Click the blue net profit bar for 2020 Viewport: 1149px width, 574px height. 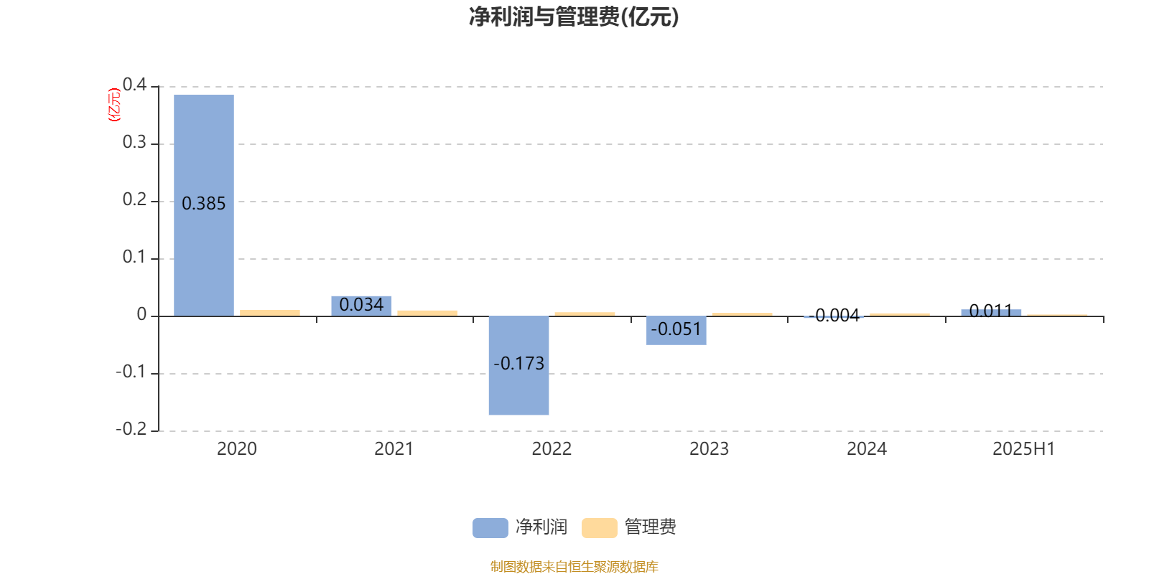coord(204,205)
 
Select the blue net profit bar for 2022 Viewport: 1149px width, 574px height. coord(518,365)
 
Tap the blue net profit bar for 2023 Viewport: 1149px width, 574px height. coord(676,331)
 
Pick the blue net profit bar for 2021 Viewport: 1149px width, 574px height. coord(361,306)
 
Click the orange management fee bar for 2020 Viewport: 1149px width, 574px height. coord(270,313)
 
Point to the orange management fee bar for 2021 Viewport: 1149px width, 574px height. coord(427,314)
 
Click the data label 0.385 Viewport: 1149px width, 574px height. coord(204,204)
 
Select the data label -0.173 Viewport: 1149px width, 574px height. coord(518,364)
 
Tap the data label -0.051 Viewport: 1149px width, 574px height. coord(676,329)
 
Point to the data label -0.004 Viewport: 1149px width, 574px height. coord(834,316)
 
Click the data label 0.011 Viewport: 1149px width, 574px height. coord(991,311)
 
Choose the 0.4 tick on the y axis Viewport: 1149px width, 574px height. coord(134,85)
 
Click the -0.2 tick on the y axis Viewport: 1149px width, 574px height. coord(131,429)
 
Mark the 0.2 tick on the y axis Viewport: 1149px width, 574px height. coord(134,199)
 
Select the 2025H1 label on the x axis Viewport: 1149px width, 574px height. coord(1024,449)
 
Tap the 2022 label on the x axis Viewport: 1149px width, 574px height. coord(552,449)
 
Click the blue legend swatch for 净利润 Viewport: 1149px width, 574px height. coord(490,528)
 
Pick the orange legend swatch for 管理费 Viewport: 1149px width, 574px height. coord(599,528)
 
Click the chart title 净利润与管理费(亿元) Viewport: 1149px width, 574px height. coord(574,17)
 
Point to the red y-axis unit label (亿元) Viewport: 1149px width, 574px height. coord(114,105)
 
